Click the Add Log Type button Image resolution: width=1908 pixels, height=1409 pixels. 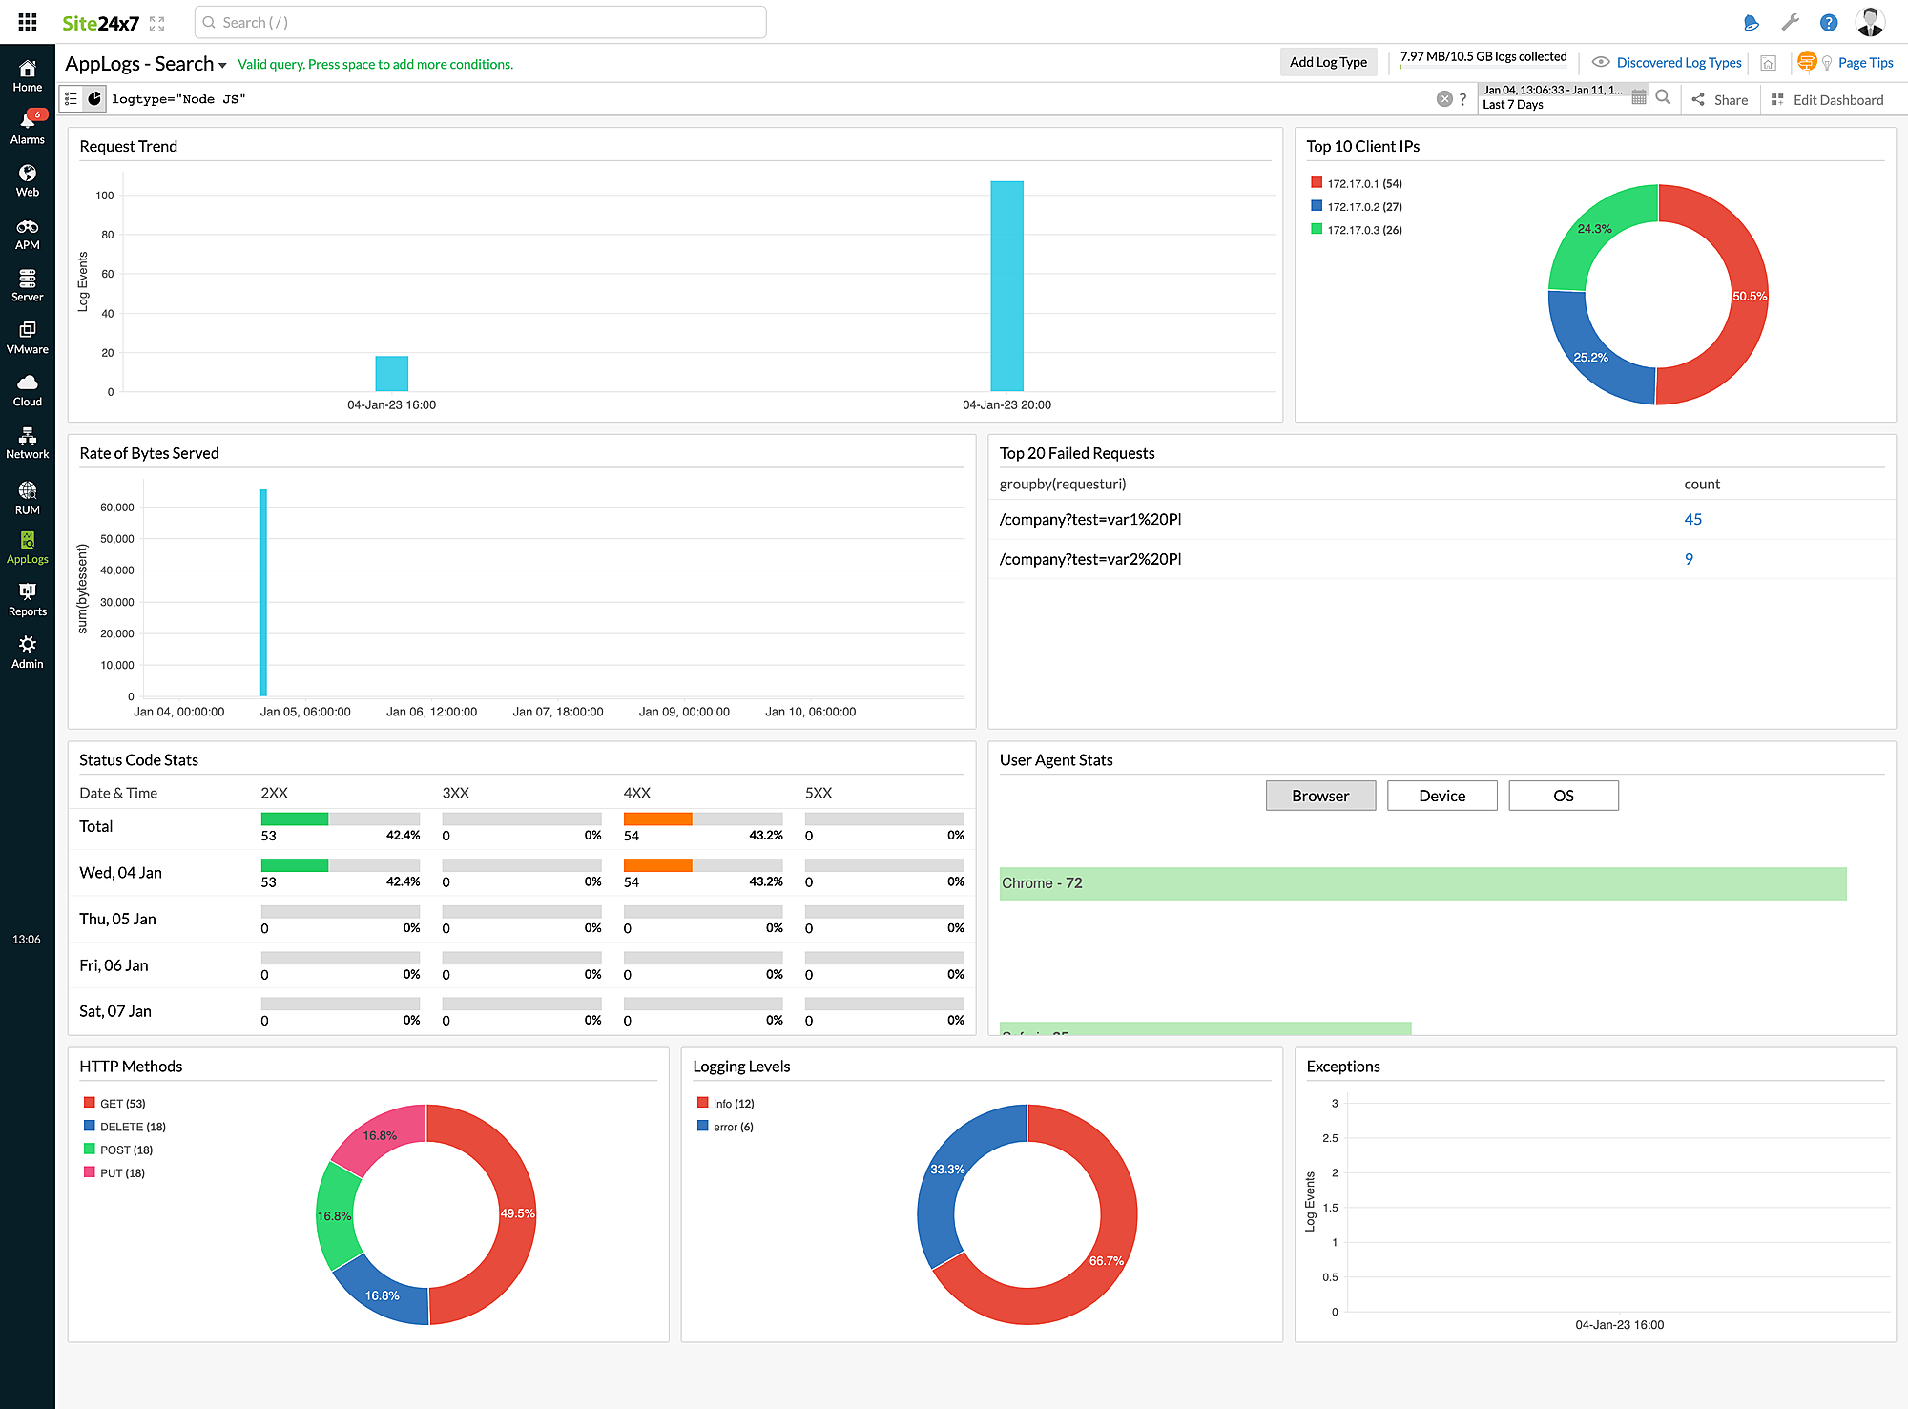[x=1328, y=63]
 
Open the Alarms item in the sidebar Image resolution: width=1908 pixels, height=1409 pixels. [x=28, y=127]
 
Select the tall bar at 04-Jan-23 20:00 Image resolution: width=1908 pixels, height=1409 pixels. [x=1006, y=286]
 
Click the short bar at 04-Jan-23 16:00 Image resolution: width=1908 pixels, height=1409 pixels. [x=391, y=373]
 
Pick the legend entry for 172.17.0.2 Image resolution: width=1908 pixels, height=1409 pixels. [x=1363, y=207]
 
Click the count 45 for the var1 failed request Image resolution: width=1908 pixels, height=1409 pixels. [x=1692, y=520]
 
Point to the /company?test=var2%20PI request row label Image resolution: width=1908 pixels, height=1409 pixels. [x=1089, y=560]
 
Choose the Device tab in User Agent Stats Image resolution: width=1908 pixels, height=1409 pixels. [x=1441, y=796]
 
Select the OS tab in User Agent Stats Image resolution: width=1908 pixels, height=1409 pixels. [x=1563, y=796]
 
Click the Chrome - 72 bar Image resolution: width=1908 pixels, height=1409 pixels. [x=1421, y=883]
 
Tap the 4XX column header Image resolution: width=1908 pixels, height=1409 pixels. [x=636, y=793]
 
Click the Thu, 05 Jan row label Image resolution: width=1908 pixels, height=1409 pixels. [x=117, y=919]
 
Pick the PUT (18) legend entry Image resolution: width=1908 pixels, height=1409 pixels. [x=121, y=1173]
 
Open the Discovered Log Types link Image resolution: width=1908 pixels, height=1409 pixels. [x=1678, y=63]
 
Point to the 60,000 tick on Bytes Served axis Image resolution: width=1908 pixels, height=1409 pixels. [x=117, y=508]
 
